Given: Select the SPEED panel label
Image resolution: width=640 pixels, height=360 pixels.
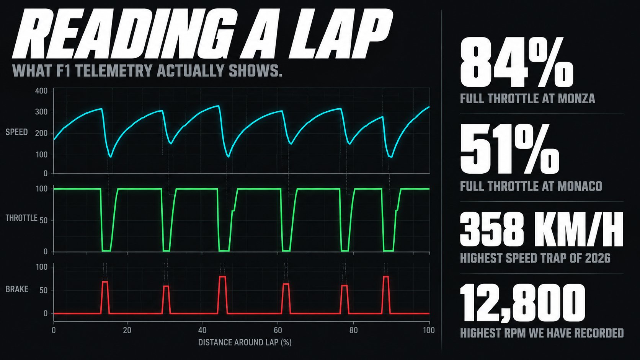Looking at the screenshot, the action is (x=16, y=132).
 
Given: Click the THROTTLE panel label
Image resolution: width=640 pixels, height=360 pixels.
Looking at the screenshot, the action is (x=21, y=218).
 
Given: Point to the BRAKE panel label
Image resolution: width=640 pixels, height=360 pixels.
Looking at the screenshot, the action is (x=17, y=289).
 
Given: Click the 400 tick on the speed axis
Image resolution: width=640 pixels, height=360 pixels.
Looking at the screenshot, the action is (x=41, y=91).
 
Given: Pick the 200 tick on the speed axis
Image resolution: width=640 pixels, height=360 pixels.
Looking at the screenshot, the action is (x=41, y=133).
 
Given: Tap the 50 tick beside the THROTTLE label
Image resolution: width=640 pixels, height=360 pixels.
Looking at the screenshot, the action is (x=43, y=220).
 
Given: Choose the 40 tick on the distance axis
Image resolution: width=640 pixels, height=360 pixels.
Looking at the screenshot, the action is (x=202, y=330).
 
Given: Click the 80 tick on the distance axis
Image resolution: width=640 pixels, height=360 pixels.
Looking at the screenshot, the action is (x=353, y=330).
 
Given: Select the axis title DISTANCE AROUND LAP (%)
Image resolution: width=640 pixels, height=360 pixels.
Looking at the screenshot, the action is (x=245, y=342).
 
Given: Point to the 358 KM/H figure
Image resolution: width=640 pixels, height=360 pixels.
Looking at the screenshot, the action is (x=542, y=230).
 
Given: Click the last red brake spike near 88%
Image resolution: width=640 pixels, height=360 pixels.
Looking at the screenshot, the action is (x=386, y=295).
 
